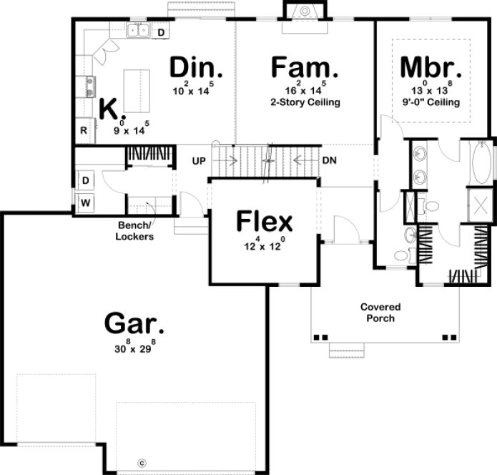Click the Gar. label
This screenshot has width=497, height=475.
tap(134, 323)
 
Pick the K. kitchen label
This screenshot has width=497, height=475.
tap(112, 109)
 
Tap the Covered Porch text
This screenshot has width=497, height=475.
tap(380, 312)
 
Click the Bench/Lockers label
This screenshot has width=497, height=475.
tap(136, 231)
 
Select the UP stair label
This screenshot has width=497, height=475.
tap(199, 160)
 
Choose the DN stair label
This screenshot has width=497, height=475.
tap(330, 160)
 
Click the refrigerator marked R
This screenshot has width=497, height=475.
tap(84, 130)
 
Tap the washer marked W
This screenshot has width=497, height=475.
tap(85, 203)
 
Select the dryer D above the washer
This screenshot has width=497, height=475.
tap(85, 179)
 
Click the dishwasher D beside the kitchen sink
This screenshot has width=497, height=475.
tap(161, 32)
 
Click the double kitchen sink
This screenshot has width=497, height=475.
tap(138, 30)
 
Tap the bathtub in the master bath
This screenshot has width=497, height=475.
tap(481, 164)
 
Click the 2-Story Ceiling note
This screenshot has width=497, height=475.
tap(305, 102)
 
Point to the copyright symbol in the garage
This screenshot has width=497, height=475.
tap(142, 462)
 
